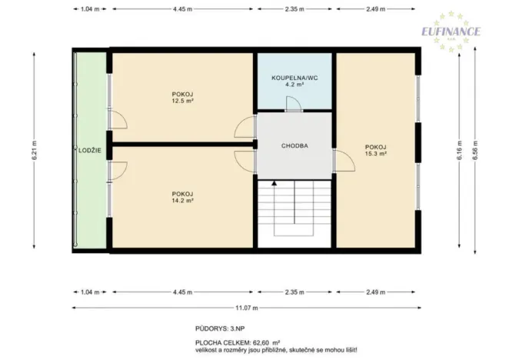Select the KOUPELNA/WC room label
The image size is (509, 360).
pyautogui.click(x=294, y=78)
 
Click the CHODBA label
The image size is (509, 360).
pyautogui.click(x=294, y=145)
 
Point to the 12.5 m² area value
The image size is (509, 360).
pyautogui.click(x=182, y=101)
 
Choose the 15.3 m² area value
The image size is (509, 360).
pyautogui.click(x=375, y=154)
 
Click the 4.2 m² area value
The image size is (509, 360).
pyautogui.click(x=294, y=86)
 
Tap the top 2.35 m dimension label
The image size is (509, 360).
pyautogui.click(x=294, y=9)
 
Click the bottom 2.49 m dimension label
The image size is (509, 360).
pyautogui.click(x=375, y=292)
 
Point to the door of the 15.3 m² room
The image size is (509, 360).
pyautogui.click(x=341, y=160)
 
